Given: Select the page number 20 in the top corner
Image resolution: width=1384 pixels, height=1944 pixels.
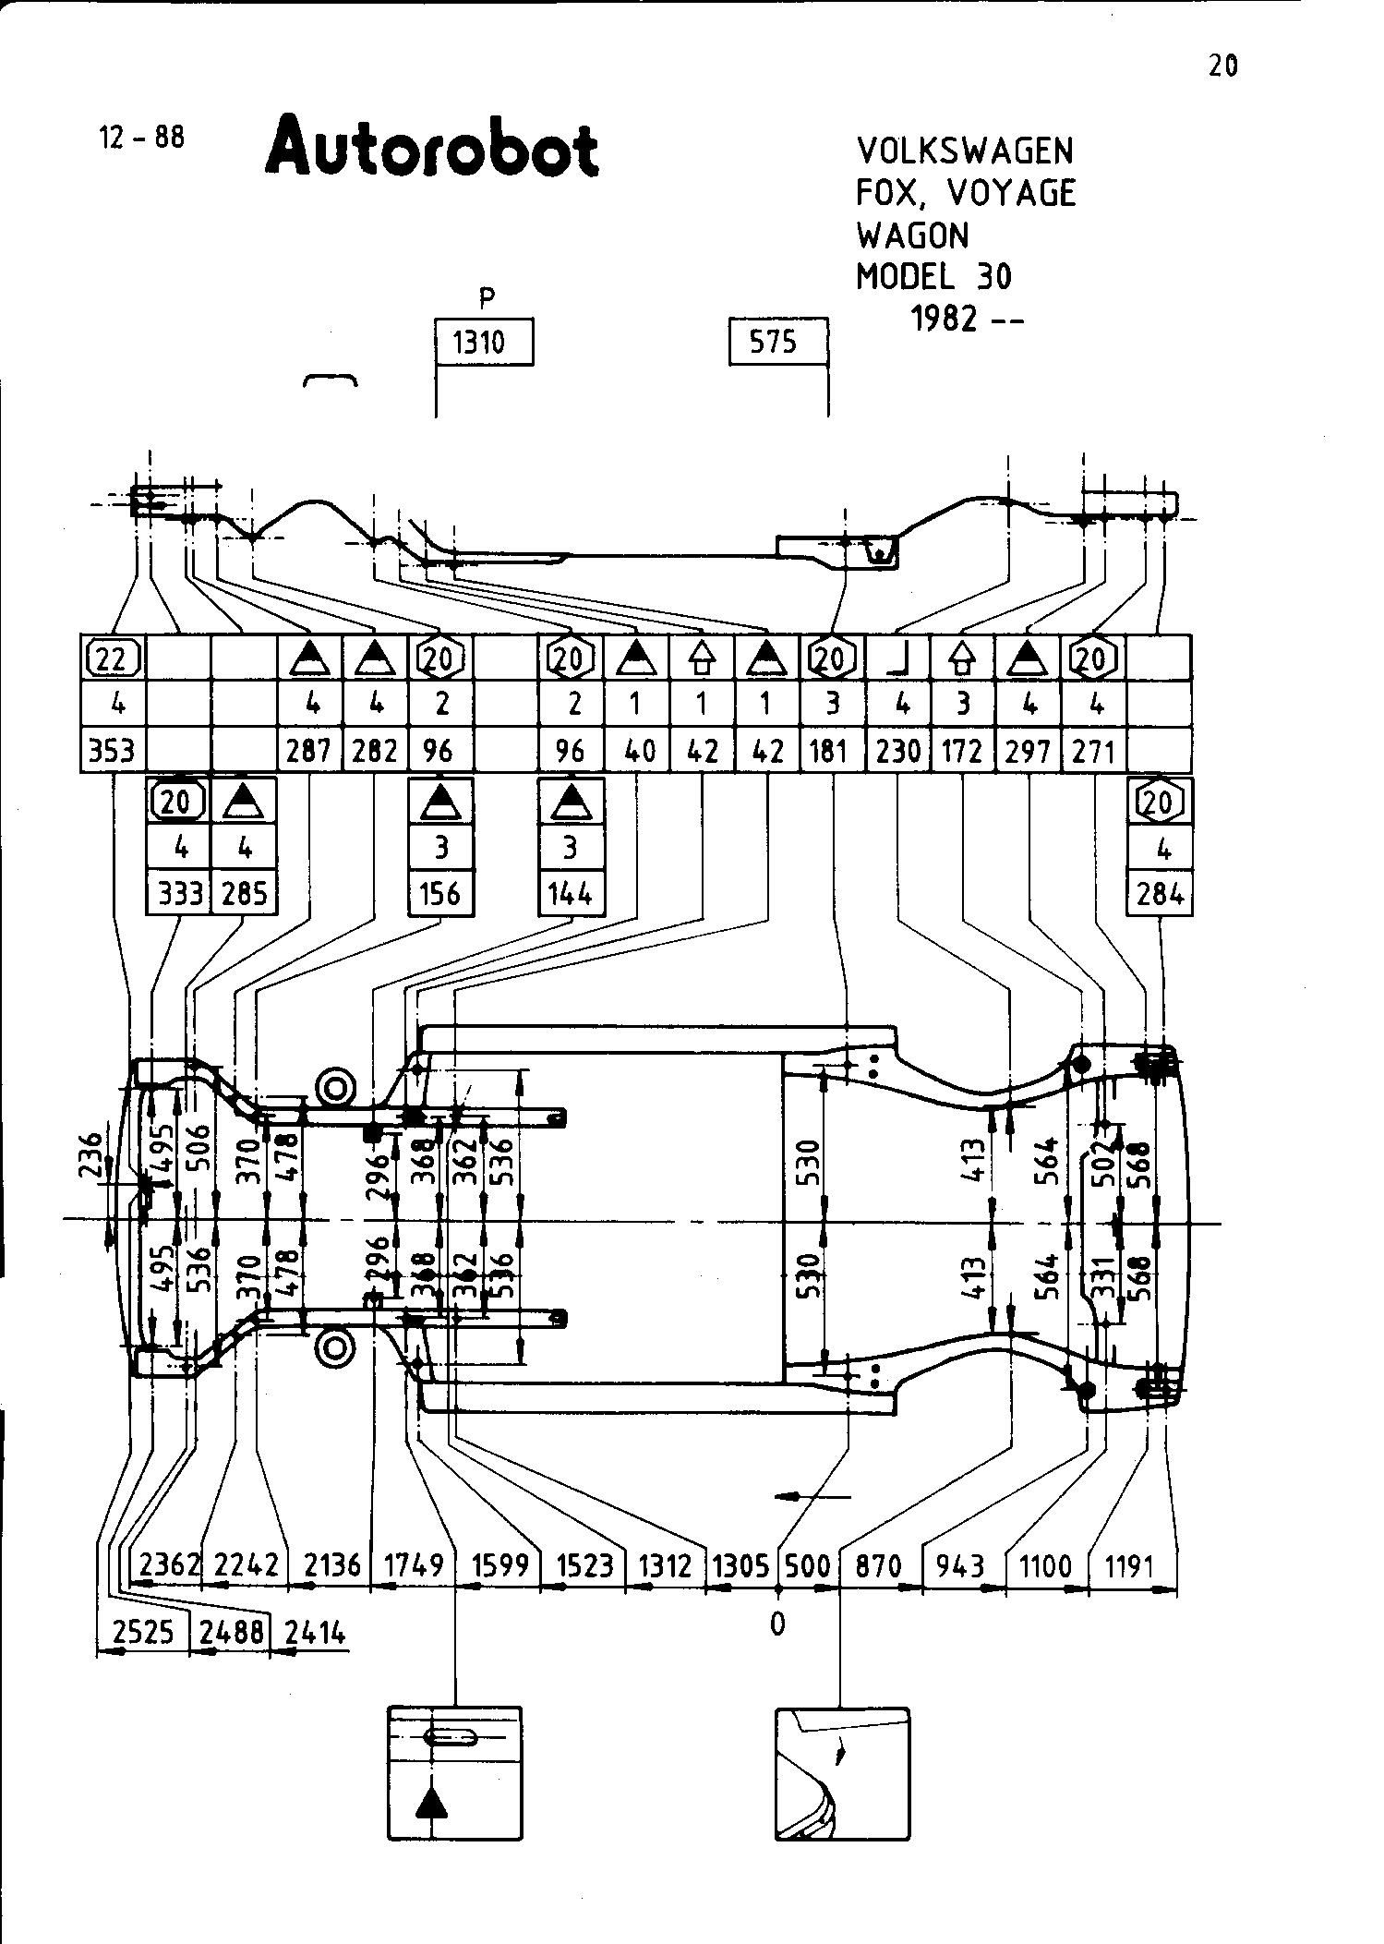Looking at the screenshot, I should click(1222, 66).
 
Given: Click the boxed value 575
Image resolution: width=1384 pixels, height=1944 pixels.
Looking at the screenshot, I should click(774, 343).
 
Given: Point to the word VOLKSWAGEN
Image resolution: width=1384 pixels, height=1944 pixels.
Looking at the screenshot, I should click(965, 151).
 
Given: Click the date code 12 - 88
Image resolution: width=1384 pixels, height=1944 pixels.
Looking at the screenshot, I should click(142, 139).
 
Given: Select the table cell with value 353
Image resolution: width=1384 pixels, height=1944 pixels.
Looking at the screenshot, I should click(112, 751).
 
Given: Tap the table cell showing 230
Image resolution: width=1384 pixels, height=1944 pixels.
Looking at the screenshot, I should click(897, 751).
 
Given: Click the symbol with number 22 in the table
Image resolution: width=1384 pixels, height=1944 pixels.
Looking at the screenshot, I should click(112, 658).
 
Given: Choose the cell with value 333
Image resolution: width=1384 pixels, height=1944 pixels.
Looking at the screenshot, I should click(179, 893).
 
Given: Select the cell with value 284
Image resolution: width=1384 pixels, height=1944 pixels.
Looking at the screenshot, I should click(1160, 893).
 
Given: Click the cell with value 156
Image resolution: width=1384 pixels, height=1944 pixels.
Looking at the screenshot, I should click(441, 893).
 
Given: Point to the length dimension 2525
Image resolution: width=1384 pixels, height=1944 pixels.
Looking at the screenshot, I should click(143, 1634).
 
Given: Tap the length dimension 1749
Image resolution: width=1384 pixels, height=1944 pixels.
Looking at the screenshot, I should click(414, 1564).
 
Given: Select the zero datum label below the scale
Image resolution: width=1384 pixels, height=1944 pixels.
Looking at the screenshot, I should click(777, 1624).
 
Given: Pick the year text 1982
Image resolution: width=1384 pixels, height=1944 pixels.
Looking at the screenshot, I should click(944, 319).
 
